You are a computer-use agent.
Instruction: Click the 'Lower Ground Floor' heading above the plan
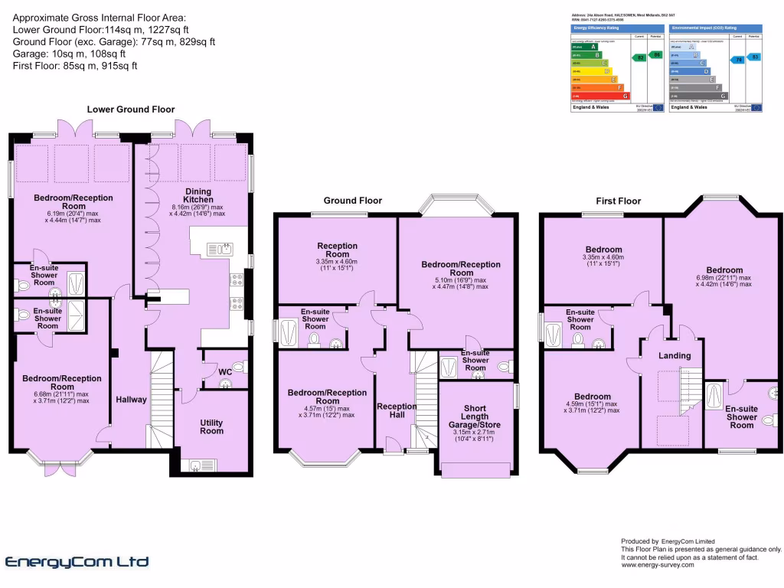coord(130,109)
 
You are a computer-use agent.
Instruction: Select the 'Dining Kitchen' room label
coord(197,195)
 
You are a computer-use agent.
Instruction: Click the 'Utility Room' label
coord(212,426)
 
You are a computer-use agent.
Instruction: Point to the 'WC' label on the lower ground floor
coord(225,372)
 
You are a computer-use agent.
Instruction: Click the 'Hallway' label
coord(131,400)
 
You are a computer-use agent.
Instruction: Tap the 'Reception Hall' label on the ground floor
coord(397,411)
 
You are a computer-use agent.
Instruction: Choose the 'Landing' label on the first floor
coord(675,355)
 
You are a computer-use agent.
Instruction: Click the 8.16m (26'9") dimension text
coord(197,207)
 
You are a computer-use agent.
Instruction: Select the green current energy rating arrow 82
coord(639,57)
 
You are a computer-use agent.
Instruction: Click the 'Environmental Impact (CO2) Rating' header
coord(701,28)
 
